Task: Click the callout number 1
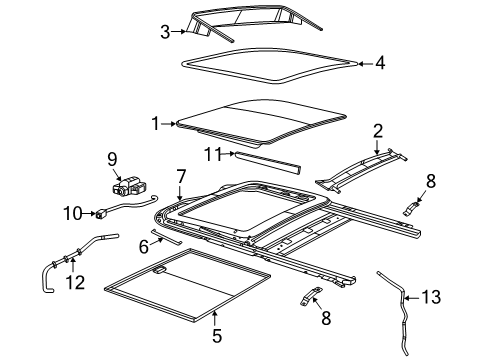[155, 122]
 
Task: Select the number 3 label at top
[166, 31]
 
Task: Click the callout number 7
[181, 176]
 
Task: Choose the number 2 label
[378, 130]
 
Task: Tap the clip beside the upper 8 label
[410, 209]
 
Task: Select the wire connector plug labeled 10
[101, 212]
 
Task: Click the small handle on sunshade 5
[160, 270]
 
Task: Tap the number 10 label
[71, 212]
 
